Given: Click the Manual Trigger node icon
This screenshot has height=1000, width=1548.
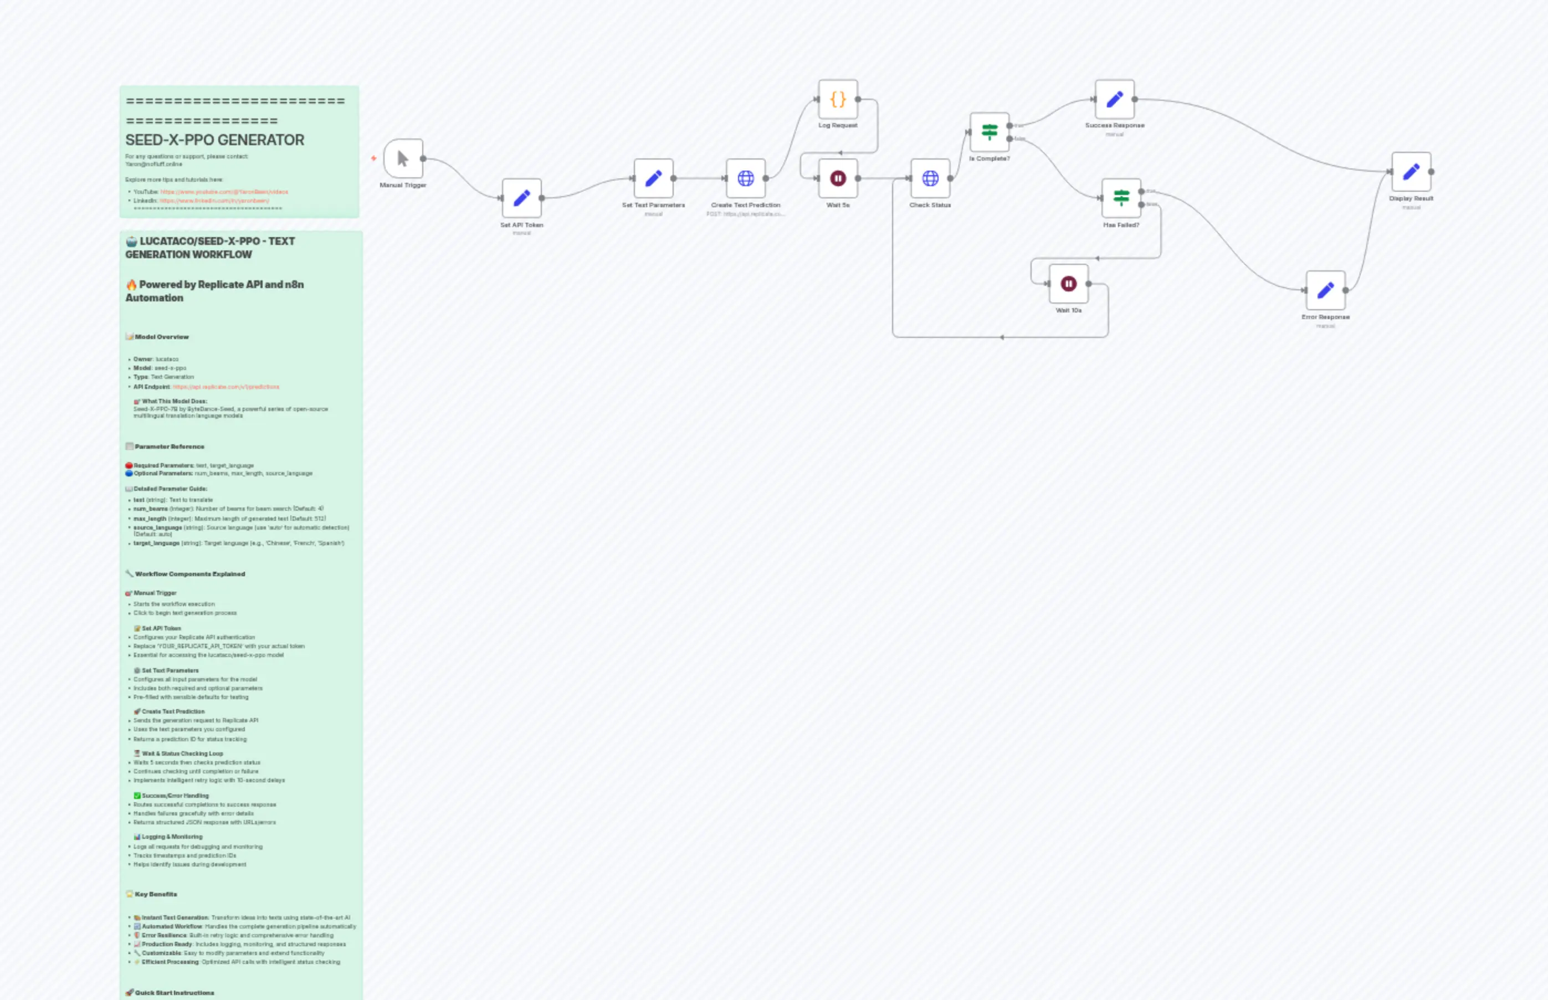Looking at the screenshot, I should (x=403, y=158).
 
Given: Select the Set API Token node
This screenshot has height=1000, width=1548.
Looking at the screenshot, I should (x=521, y=198).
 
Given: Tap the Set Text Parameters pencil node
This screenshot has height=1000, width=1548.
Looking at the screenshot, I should (x=653, y=178).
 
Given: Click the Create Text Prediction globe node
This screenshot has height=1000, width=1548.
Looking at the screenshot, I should (x=745, y=178).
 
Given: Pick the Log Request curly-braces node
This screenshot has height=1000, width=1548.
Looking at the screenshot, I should (x=838, y=99).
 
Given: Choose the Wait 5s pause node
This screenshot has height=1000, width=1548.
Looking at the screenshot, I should (x=838, y=178).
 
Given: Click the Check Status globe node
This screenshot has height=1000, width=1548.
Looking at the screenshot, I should (x=930, y=178).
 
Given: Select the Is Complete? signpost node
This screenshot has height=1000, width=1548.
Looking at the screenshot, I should (x=989, y=132).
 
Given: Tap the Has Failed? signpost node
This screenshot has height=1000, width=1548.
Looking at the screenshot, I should (x=1121, y=198).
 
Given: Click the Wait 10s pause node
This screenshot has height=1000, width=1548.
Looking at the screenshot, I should (x=1068, y=284).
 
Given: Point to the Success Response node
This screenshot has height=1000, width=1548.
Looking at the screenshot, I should (x=1114, y=99).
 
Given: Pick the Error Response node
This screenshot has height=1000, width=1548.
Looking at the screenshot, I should (x=1325, y=290).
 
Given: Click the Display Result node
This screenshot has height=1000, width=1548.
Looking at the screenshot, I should (x=1411, y=171).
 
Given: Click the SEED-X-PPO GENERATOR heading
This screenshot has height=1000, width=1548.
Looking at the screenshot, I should (x=214, y=140).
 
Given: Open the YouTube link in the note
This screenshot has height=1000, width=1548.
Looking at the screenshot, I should (x=223, y=192).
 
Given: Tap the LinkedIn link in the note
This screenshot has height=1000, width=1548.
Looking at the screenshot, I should (x=214, y=201).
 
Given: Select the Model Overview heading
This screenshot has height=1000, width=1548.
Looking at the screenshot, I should (x=161, y=337).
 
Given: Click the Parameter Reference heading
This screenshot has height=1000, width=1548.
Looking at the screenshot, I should (x=169, y=447).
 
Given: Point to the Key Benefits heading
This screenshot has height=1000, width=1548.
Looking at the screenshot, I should (x=155, y=894).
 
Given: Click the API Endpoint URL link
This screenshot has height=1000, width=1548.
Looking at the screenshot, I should (x=225, y=387).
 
